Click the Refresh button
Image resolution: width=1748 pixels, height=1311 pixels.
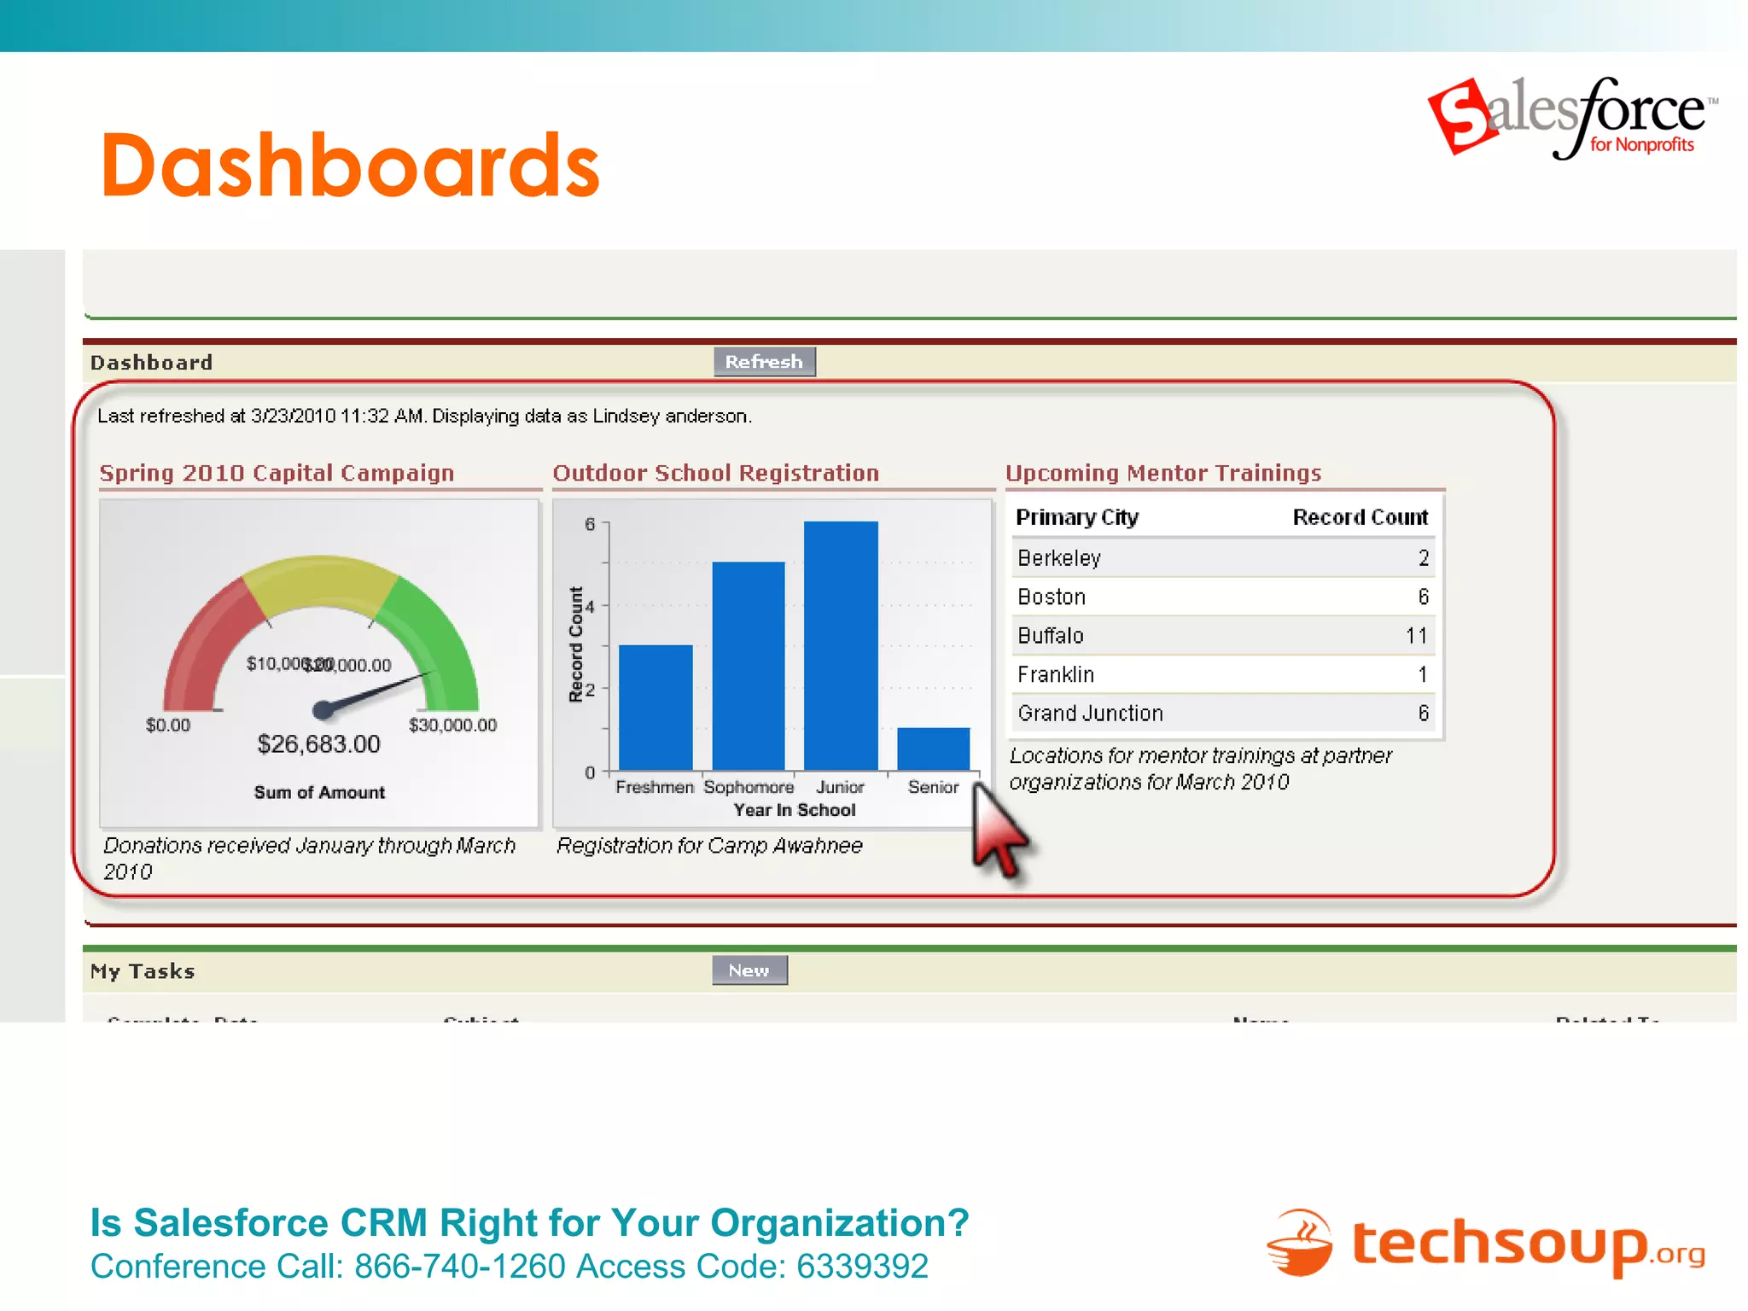pyautogui.click(x=764, y=362)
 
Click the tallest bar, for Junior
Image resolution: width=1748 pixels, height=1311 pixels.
pyautogui.click(x=841, y=645)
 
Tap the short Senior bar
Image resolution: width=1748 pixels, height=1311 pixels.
pyautogui.click(x=933, y=749)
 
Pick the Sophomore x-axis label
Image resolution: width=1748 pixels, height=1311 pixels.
pyautogui.click(x=748, y=787)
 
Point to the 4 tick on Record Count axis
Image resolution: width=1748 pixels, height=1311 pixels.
pyautogui.click(x=590, y=606)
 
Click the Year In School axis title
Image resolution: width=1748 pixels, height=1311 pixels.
pyautogui.click(x=794, y=810)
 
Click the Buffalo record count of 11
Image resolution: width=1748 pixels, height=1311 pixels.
pyautogui.click(x=1416, y=636)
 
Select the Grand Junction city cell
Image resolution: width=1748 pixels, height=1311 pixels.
pyautogui.click(x=1090, y=714)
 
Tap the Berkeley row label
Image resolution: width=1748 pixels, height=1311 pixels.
pyautogui.click(x=1059, y=558)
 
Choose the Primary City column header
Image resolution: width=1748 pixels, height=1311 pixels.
pyautogui.click(x=1077, y=517)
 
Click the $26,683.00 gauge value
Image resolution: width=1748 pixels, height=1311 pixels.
pyautogui.click(x=318, y=744)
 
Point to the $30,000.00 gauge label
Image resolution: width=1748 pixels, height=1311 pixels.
pyautogui.click(x=452, y=725)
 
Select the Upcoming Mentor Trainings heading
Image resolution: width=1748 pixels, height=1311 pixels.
pyautogui.click(x=1162, y=473)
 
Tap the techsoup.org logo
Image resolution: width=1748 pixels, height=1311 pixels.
pyautogui.click(x=1485, y=1244)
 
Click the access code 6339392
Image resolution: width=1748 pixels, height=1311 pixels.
pyautogui.click(x=862, y=1267)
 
